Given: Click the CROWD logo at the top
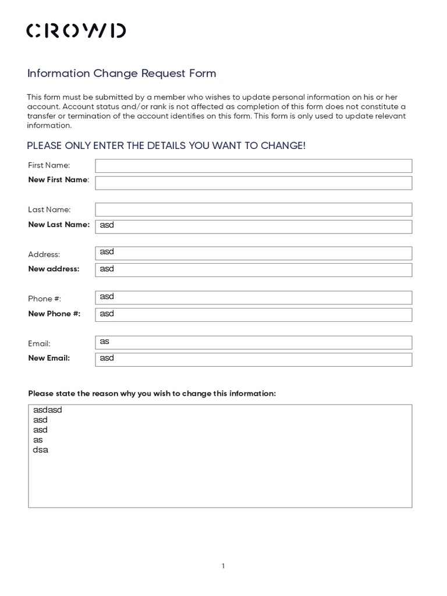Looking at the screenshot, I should click(76, 31).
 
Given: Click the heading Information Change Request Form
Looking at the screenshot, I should click(122, 73).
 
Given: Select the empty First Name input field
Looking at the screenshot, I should click(253, 166).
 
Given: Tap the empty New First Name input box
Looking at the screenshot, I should click(253, 183).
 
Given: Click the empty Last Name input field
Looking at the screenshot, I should click(253, 210).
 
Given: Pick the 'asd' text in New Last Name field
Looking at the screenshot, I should click(107, 225).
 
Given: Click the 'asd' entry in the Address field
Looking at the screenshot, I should click(107, 251).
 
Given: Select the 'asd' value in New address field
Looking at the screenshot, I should click(107, 269).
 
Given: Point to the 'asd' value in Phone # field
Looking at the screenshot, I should click(107, 296).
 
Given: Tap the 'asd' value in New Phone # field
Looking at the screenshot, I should click(107, 314).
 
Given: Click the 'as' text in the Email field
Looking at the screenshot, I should click(105, 341).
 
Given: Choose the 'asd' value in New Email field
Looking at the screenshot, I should click(107, 358).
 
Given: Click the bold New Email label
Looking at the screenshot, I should click(49, 358).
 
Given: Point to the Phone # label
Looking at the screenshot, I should click(45, 299).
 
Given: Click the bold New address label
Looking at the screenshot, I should click(54, 269).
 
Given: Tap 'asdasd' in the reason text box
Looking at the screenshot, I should click(48, 410).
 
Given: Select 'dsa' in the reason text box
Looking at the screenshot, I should click(41, 450).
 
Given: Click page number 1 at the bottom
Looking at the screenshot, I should click(223, 566).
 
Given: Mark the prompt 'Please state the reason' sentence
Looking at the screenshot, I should click(152, 393).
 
